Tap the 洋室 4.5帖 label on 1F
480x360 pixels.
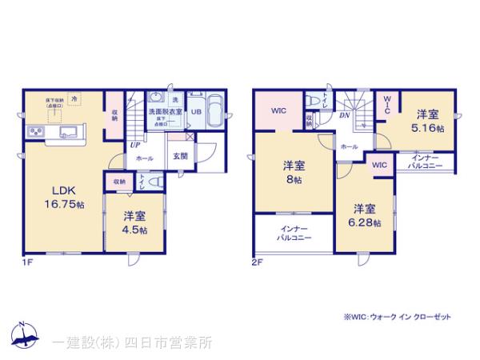coord(134,222)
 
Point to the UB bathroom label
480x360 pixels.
coord(195,113)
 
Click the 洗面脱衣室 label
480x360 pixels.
coord(166,113)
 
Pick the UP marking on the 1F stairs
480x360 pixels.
coord(135,146)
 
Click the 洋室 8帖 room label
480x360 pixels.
coord(293,174)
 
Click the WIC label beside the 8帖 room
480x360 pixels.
coord(278,110)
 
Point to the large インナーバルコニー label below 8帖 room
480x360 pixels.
coord(292,234)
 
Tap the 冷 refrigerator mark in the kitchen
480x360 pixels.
coord(74,98)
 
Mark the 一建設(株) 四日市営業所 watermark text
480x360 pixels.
coord(133,342)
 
